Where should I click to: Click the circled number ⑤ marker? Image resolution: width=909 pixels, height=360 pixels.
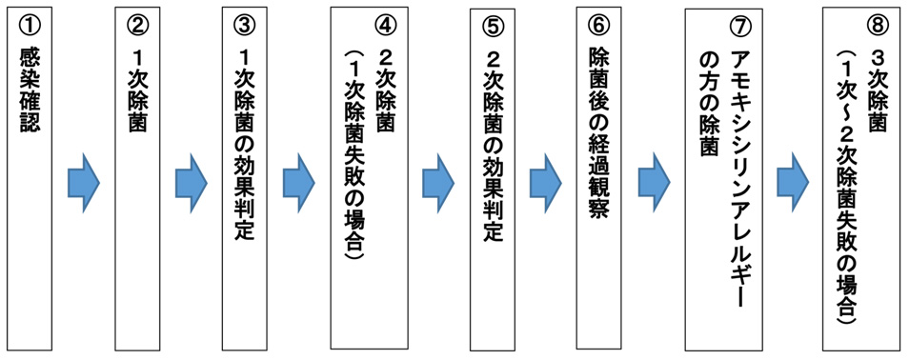[493, 26]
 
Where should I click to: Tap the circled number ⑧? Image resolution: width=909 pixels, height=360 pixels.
[874, 26]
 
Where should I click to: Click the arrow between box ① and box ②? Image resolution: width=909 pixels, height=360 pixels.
[84, 180]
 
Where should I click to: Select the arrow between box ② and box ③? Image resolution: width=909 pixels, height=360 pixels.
[191, 180]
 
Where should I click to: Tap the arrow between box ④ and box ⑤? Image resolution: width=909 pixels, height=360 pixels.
[439, 180]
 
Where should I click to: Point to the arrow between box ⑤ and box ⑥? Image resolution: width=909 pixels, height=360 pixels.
[545, 180]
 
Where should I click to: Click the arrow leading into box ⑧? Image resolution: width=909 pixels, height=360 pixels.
[793, 180]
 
